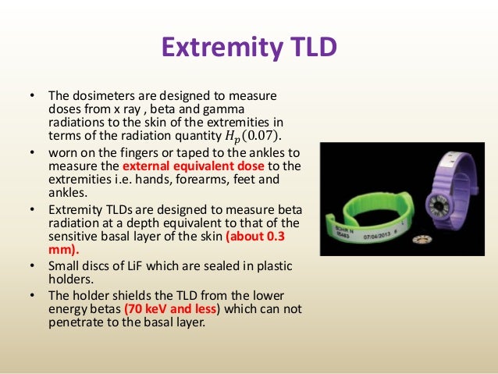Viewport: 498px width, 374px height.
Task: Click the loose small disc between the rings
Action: (x=422, y=239)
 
